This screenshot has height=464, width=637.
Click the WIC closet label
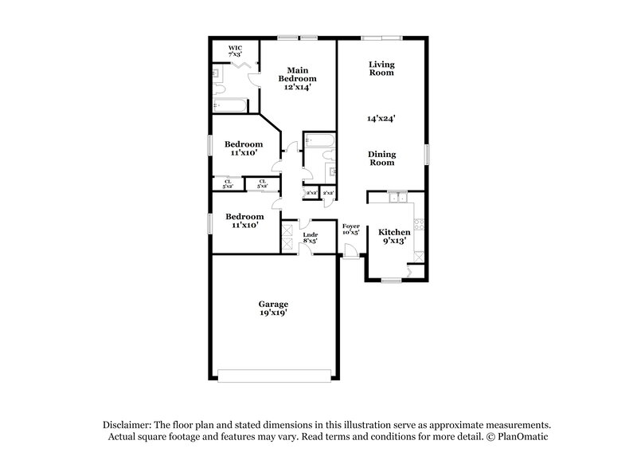point(235,49)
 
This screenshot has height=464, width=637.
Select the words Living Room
point(381,69)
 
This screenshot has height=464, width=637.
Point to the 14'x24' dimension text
point(381,118)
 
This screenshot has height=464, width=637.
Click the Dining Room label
point(381,158)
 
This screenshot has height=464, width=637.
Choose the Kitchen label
point(394,232)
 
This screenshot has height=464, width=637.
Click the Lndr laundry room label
point(311,235)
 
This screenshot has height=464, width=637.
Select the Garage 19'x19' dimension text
point(273,314)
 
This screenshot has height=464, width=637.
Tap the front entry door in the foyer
point(350,252)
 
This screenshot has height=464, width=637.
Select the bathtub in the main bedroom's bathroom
point(230,104)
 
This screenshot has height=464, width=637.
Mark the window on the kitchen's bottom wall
point(390,281)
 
